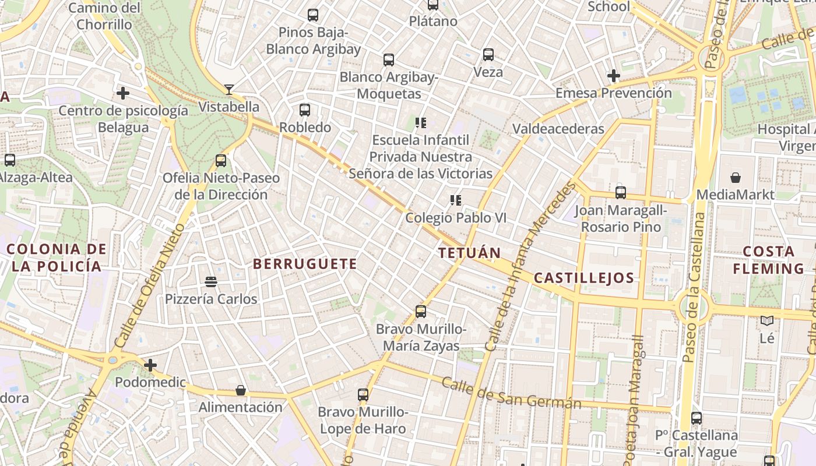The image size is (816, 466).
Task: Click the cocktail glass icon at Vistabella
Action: pyautogui.click(x=229, y=90)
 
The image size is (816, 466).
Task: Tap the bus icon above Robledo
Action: pyautogui.click(x=304, y=110)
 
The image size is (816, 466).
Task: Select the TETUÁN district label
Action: pyautogui.click(x=469, y=253)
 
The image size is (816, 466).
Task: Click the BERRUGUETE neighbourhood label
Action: pyautogui.click(x=305, y=264)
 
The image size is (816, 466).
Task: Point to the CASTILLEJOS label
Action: pyautogui.click(x=583, y=278)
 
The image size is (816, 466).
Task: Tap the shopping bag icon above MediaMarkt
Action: pyautogui.click(x=736, y=177)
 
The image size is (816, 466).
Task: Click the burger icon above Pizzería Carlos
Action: pyautogui.click(x=211, y=282)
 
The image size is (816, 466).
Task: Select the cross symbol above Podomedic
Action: pyautogui.click(x=150, y=365)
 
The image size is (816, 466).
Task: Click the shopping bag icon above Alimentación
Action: pyautogui.click(x=240, y=390)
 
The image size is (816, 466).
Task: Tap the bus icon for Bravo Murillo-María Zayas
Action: pyautogui.click(x=421, y=312)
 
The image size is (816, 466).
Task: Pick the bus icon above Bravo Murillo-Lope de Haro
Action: pyautogui.click(x=363, y=394)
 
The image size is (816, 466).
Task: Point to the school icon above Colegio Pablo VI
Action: pyautogui.click(x=456, y=200)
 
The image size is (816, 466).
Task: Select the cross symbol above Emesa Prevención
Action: pyautogui.click(x=613, y=76)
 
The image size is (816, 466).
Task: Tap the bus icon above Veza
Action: pyautogui.click(x=488, y=55)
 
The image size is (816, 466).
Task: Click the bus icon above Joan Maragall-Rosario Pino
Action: pyautogui.click(x=621, y=192)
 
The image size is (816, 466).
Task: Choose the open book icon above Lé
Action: pyautogui.click(x=767, y=320)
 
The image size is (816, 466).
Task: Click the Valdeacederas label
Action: pyautogui.click(x=558, y=128)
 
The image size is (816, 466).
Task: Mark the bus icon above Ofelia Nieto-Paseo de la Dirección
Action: pyautogui.click(x=220, y=160)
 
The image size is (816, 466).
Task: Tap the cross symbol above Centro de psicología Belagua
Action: pyautogui.click(x=123, y=93)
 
